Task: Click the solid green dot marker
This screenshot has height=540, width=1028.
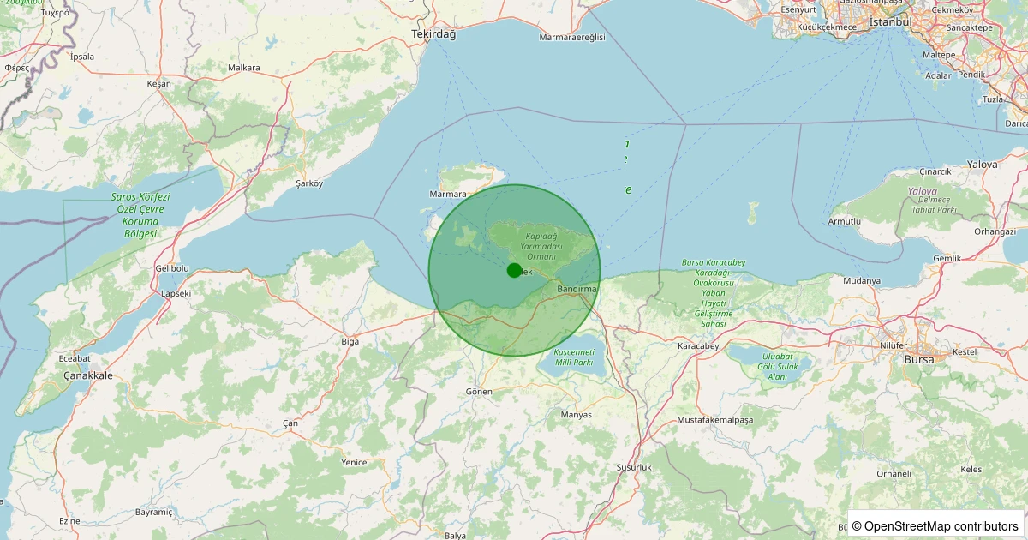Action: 514,270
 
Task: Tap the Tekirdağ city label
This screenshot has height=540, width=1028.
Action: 433,33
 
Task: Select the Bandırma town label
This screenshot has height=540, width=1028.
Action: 577,290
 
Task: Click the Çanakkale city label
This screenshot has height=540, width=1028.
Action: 88,375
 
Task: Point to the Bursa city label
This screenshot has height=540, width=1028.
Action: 919,359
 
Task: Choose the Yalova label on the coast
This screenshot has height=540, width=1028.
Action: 982,164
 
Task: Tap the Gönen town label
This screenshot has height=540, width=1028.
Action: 479,391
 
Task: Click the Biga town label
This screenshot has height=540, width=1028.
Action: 350,341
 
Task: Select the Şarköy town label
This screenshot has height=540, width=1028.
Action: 309,183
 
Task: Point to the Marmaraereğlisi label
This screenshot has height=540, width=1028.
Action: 572,38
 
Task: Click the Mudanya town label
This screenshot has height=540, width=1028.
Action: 862,280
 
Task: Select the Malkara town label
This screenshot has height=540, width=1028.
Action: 244,67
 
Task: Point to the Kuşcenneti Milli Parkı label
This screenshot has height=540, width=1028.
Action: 574,357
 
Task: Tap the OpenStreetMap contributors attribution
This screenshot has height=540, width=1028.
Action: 935,525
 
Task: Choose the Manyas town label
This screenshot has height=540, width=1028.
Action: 576,415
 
